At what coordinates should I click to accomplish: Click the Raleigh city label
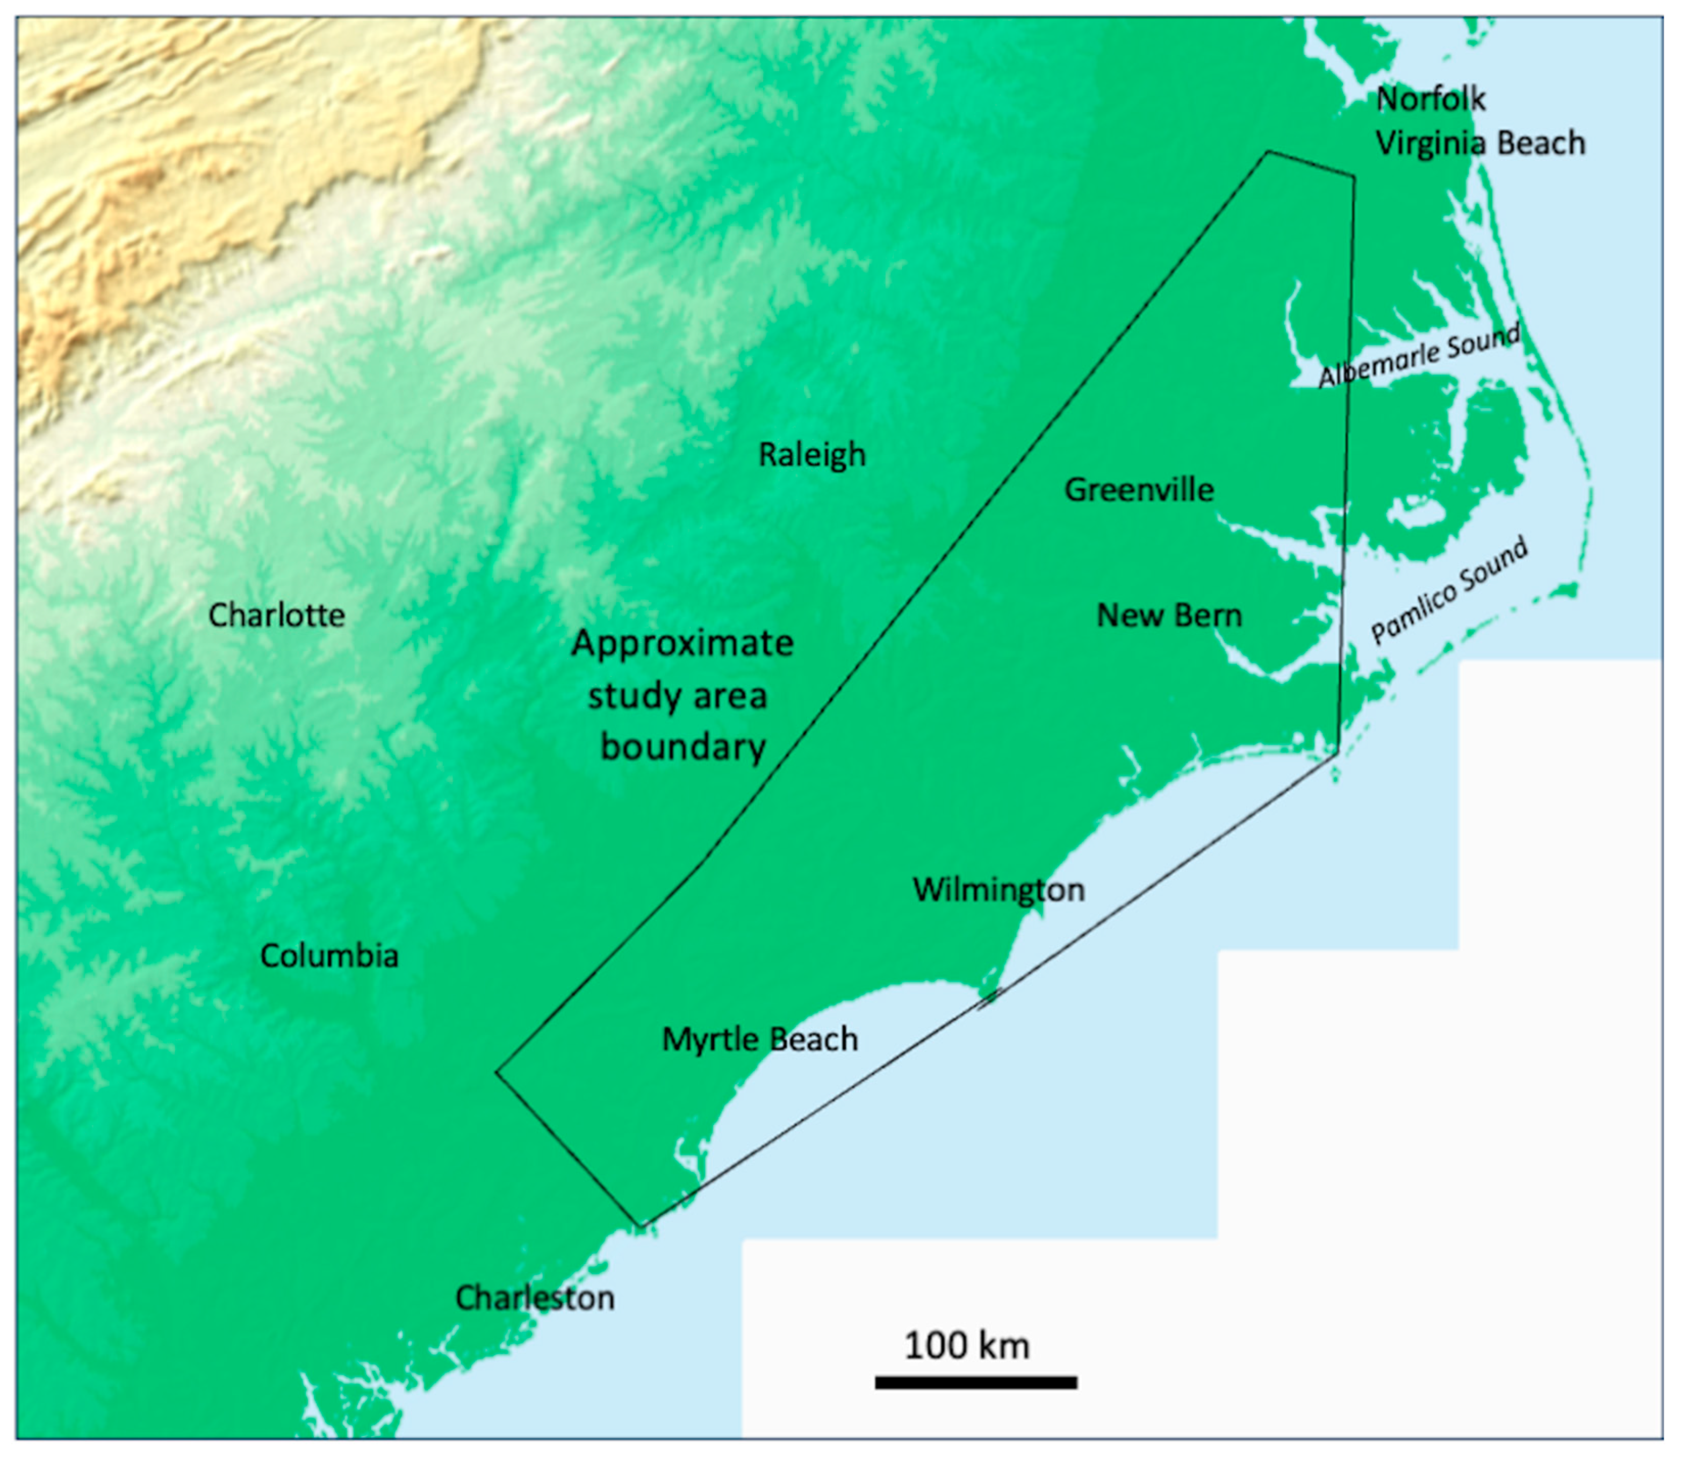pyautogui.click(x=812, y=455)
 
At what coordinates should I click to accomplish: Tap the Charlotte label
pyautogui.click(x=276, y=615)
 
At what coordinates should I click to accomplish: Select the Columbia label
pyautogui.click(x=329, y=956)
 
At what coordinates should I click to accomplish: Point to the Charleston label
pyautogui.click(x=534, y=1298)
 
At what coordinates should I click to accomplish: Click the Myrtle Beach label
pyautogui.click(x=759, y=1040)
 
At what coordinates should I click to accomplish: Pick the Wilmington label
pyautogui.click(x=998, y=891)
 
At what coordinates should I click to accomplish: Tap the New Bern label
pyautogui.click(x=1169, y=616)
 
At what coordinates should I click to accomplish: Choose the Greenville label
pyautogui.click(x=1139, y=490)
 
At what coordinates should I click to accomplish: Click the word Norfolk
pyautogui.click(x=1431, y=100)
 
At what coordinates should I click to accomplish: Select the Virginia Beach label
pyautogui.click(x=1479, y=143)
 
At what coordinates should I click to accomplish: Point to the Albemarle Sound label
pyautogui.click(x=1419, y=357)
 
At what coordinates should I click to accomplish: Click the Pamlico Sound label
pyautogui.click(x=1449, y=592)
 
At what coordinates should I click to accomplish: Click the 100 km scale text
pyautogui.click(x=967, y=1346)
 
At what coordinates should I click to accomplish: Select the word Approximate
pyautogui.click(x=682, y=644)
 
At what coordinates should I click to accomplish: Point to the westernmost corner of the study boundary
pyautogui.click(x=497, y=1072)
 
